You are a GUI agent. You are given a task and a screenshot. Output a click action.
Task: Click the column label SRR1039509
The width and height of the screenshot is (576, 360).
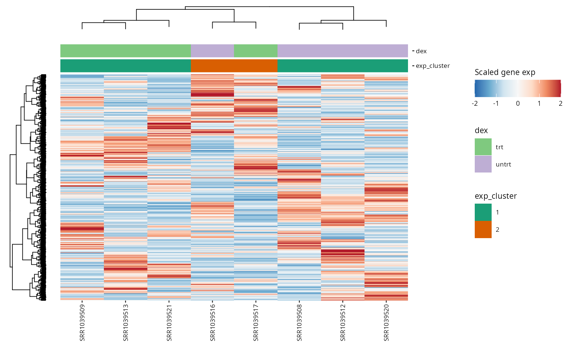click(82, 323)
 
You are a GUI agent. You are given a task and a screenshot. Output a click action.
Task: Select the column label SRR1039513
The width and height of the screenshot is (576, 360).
click(126, 323)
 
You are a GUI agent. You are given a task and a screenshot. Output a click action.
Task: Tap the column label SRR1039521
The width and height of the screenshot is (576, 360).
click(169, 323)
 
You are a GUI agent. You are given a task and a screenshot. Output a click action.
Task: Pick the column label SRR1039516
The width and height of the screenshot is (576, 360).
click(212, 323)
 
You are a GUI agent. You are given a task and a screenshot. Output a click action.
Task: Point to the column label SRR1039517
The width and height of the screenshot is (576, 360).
click(256, 323)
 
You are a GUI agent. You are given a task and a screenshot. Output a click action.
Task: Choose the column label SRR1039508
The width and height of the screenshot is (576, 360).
click(299, 323)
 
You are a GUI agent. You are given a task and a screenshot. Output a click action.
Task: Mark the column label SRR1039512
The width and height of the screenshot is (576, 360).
click(343, 323)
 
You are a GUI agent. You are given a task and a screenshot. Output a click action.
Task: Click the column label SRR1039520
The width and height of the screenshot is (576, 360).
click(386, 323)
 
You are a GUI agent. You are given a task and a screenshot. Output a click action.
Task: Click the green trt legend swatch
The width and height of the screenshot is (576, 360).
click(483, 147)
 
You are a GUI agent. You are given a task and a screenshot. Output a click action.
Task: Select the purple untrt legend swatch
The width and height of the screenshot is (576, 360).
click(483, 164)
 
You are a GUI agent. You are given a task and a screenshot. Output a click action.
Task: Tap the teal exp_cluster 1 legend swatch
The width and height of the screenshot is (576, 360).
click(483, 212)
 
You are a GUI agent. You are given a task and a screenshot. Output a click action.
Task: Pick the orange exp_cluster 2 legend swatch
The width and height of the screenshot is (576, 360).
click(483, 229)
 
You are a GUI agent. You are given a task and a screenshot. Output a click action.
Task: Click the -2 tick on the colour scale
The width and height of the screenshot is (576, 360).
click(475, 103)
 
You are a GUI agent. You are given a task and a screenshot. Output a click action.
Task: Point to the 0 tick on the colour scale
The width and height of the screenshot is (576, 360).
click(517, 103)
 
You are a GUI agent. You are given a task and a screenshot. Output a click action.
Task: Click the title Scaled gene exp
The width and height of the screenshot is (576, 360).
click(505, 72)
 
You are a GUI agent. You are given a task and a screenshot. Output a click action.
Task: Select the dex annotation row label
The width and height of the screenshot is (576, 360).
click(421, 51)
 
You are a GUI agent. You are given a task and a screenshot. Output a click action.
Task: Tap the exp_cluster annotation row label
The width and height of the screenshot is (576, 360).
click(433, 66)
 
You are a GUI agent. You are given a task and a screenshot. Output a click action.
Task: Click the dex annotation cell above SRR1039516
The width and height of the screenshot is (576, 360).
click(212, 51)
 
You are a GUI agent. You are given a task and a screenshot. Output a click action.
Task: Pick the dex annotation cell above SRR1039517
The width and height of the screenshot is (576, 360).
click(256, 51)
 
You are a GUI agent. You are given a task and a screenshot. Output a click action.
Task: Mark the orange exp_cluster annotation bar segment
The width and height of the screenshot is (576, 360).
click(234, 66)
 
